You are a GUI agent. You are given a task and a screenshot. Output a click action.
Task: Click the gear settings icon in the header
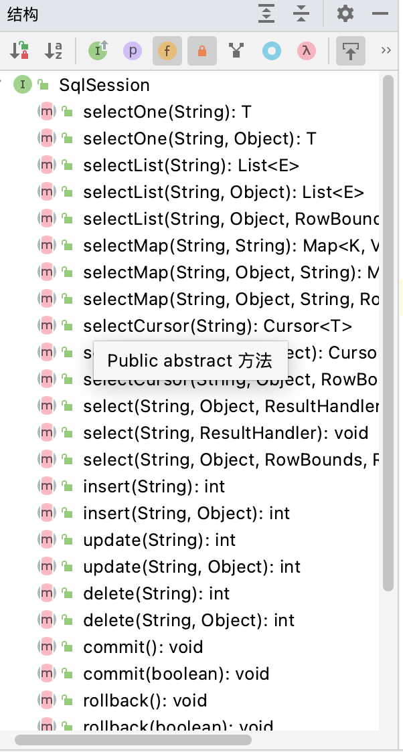345,13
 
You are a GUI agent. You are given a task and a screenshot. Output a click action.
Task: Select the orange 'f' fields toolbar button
167,51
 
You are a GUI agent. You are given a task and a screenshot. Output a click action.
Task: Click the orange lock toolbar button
201,51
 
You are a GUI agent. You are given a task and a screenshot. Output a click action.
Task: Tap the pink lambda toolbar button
306,51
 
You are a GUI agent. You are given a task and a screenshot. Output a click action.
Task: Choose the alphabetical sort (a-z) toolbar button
54,51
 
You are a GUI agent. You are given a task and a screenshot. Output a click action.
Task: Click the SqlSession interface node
104,85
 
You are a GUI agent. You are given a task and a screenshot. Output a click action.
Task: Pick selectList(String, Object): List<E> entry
223,192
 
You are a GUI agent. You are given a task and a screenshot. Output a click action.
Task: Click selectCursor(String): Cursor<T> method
217,326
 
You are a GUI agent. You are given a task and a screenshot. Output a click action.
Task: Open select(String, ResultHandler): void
225,433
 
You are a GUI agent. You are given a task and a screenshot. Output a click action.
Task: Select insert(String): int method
153,486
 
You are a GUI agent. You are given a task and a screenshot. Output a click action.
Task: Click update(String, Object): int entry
191,567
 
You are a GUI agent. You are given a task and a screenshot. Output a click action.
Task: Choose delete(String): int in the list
156,593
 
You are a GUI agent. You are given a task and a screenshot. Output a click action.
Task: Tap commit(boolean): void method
176,674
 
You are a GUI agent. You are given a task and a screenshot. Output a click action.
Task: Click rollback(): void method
145,700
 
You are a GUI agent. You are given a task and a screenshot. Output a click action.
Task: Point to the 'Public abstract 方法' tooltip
189,361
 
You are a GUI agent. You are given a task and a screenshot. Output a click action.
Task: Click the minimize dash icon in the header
380,13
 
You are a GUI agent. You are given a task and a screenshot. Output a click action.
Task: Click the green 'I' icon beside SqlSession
23,85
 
